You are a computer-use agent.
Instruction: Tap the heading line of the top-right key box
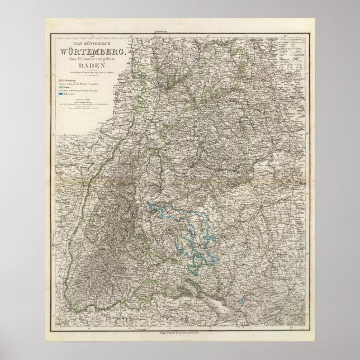pos(288,40)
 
